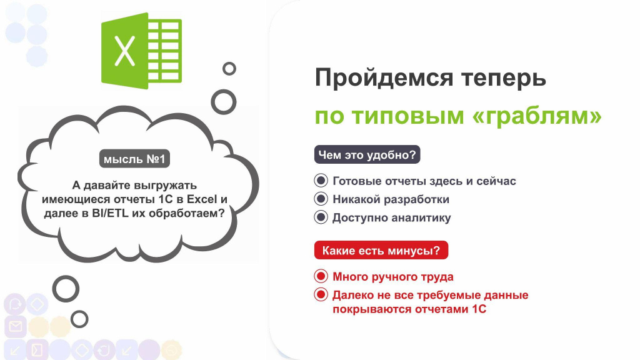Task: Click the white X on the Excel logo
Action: [x=124, y=51]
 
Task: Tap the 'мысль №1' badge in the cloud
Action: [x=134, y=159]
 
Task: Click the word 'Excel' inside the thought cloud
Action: [x=202, y=199]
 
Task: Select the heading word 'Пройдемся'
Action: [x=384, y=77]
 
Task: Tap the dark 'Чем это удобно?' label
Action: [x=367, y=155]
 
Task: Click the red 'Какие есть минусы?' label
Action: [x=381, y=250]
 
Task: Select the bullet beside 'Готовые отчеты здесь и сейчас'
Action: [x=321, y=181]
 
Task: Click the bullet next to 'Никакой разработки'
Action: [x=321, y=199]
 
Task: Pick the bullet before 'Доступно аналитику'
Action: [x=321, y=217]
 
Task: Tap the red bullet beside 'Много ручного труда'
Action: [x=321, y=276]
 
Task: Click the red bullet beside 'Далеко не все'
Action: [x=321, y=294]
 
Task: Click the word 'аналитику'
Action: [x=421, y=218]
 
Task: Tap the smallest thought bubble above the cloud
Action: [x=229, y=69]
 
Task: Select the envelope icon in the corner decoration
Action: [x=16, y=326]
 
